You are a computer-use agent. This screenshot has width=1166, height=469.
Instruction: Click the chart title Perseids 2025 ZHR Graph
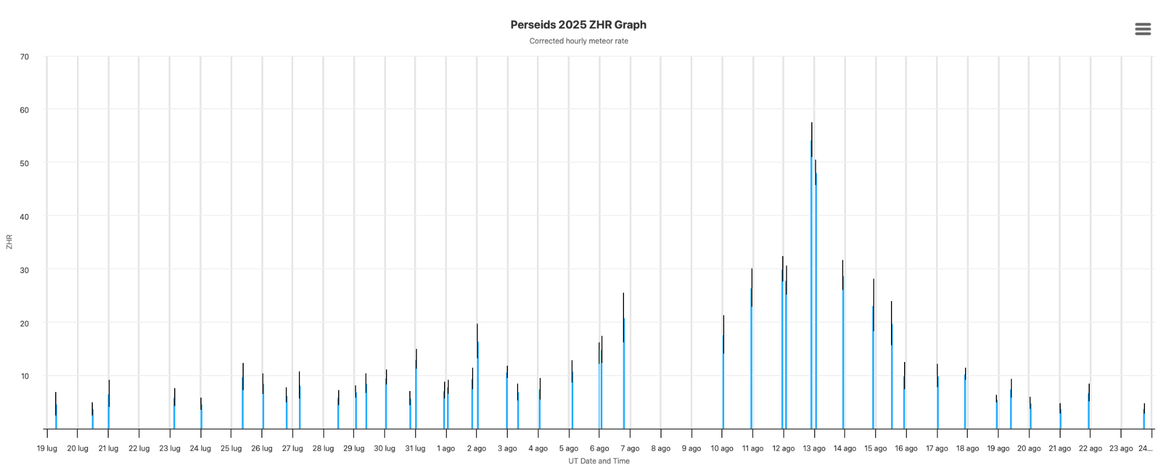578,24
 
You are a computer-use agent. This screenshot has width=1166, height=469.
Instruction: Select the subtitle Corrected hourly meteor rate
578,41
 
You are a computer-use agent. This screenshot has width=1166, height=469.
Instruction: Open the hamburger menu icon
1143,29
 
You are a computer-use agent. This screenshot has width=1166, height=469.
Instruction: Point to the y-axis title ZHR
9,242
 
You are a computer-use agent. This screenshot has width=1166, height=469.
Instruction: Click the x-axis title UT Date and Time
599,461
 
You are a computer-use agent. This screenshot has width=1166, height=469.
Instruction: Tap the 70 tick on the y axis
24,57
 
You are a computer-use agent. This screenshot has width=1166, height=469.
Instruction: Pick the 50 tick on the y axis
24,163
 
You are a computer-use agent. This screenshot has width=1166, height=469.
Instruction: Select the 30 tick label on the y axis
24,269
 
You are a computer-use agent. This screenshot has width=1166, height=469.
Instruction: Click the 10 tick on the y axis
24,376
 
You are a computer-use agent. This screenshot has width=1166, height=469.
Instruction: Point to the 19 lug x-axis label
47,449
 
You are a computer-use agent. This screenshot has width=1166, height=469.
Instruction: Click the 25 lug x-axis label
231,449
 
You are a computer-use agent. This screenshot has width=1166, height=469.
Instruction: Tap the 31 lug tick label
415,449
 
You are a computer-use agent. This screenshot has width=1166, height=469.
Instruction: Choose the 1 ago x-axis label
446,449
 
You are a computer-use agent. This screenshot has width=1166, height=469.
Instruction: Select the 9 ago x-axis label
691,449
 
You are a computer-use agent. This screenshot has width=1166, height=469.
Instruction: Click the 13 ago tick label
814,449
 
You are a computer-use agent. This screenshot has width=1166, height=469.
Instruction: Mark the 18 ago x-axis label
967,449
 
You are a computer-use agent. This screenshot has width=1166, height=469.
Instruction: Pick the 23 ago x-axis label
1121,449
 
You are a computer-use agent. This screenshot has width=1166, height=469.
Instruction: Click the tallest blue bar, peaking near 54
811,285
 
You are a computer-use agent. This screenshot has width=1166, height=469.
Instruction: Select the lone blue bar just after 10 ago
723,382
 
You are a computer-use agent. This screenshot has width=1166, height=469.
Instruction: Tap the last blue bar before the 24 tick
1144,419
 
